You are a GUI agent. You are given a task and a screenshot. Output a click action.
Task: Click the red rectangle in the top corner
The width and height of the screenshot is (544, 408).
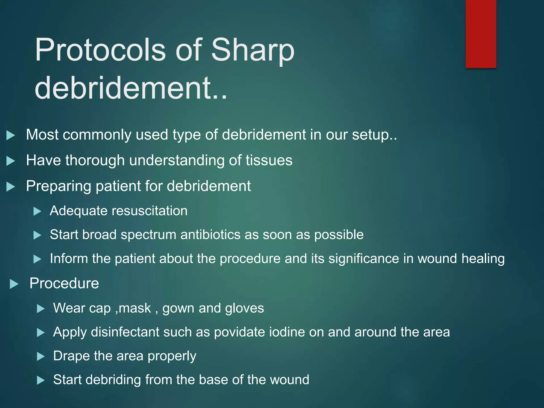(481, 34)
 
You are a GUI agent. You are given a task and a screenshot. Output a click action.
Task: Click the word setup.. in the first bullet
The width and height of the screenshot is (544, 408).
(375, 135)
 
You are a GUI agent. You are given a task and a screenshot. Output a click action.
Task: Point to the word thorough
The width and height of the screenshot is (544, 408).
(95, 160)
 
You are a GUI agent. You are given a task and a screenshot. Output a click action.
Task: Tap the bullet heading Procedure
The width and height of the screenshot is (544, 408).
(64, 283)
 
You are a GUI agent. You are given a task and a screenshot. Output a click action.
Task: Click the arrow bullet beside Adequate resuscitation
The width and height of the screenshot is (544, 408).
(37, 212)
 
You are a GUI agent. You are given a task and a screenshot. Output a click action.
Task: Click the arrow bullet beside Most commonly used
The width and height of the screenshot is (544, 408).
(11, 135)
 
